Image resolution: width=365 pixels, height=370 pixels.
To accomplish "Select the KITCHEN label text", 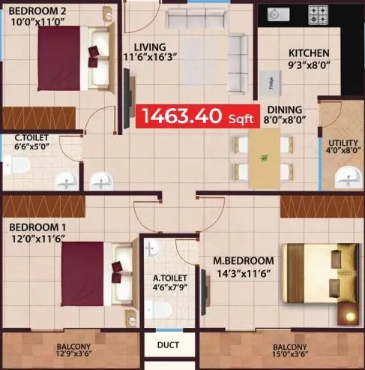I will click(x=309, y=53).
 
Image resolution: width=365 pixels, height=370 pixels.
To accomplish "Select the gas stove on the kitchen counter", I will click(x=319, y=14).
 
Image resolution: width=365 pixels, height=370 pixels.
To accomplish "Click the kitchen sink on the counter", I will click(x=275, y=14).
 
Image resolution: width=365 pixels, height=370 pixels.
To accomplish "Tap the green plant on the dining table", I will click(x=263, y=158).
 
